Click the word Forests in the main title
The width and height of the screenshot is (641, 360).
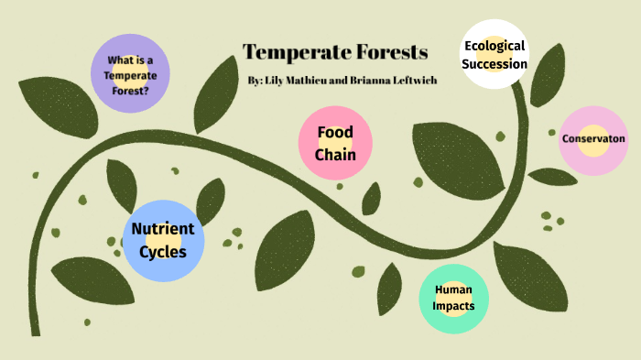[x=388, y=53]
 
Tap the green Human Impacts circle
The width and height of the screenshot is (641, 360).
[x=454, y=298]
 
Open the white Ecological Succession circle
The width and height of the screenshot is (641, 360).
[x=495, y=55]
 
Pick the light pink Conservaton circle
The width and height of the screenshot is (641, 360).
[x=593, y=139]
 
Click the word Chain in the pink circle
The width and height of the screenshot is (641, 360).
[x=335, y=155]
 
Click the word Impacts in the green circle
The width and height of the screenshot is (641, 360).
[x=454, y=306]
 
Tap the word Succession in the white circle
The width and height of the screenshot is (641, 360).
[x=495, y=64]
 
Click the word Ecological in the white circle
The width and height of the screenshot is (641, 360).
[x=494, y=46]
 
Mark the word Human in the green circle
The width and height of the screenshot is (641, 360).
[x=454, y=290]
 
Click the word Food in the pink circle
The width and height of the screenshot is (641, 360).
[x=335, y=133]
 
